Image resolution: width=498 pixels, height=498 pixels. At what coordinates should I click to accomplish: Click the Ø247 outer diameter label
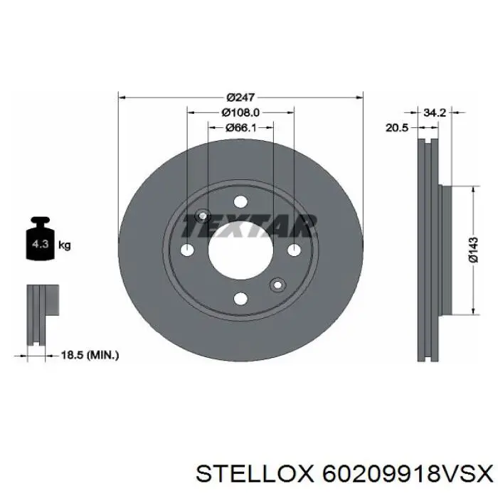(240, 97)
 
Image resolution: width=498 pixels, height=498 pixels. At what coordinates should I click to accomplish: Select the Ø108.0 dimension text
(240, 112)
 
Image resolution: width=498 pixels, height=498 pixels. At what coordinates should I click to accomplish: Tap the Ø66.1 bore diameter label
(240, 127)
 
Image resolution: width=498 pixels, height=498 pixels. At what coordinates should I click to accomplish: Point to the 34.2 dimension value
(434, 112)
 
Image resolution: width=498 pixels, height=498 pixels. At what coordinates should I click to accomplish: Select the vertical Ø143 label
(473, 249)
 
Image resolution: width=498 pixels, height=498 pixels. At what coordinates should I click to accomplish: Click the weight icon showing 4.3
(36, 243)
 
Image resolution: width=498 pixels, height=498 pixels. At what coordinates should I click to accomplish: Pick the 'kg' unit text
(64, 245)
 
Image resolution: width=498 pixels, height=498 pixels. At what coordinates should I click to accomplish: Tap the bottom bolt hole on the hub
(240, 299)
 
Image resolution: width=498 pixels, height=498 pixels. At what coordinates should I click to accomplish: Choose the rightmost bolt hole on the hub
(292, 250)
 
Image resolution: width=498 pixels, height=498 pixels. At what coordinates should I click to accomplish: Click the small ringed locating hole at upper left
(203, 215)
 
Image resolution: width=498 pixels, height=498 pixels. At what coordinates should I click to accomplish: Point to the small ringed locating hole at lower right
(277, 285)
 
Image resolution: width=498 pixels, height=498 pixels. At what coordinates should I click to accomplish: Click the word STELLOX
(255, 472)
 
